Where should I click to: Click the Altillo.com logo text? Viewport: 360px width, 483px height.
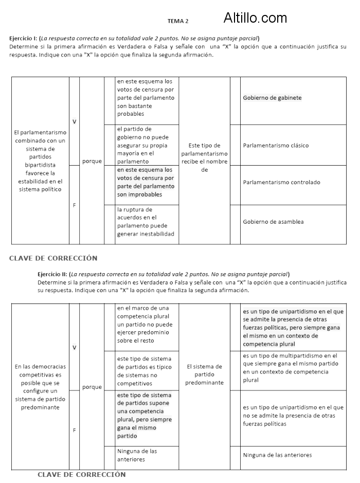pos(255,19)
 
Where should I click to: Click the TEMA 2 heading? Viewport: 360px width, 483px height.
pos(178,21)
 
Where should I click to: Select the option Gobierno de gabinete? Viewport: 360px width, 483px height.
pos(272,98)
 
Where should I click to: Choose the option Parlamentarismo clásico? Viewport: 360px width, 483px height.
pos(276,146)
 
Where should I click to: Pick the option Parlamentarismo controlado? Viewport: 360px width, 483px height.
pos(281,182)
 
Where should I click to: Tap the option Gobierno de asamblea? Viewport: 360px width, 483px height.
pos(273,222)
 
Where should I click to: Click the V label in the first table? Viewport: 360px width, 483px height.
pos(75,121)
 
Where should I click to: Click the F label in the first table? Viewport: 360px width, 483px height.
pos(74,205)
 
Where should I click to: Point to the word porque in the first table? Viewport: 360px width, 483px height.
pos(92,162)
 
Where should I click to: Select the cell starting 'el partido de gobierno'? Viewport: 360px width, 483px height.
pos(147,145)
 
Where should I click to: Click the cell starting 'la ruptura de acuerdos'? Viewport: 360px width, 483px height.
pos(147,222)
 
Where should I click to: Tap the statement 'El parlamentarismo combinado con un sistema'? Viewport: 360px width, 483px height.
pos(40,161)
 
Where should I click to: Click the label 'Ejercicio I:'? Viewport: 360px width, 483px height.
pos(23,39)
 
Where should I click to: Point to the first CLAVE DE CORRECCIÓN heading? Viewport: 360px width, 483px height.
pos(53,258)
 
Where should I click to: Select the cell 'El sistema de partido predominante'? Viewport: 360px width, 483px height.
pos(204,374)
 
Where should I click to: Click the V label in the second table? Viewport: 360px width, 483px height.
pos(75,347)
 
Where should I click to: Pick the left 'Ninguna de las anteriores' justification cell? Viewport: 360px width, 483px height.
pos(137,455)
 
